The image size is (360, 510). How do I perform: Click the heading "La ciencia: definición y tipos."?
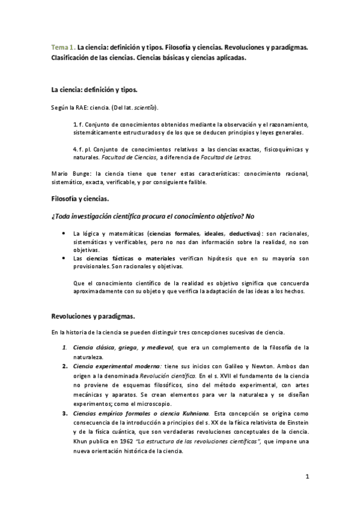pyautogui.click(x=94, y=90)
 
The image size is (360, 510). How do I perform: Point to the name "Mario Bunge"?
pyautogui.click(x=67, y=174)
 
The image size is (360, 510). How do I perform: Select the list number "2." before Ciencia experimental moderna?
pyautogui.click(x=64, y=366)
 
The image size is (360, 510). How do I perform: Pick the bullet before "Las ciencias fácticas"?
pyautogui.click(x=64, y=258)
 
